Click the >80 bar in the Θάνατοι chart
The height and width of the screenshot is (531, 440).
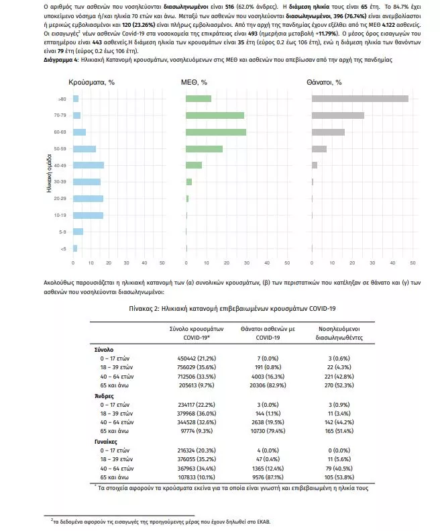[x=360, y=99]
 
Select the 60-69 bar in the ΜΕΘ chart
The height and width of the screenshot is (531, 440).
[x=216, y=132]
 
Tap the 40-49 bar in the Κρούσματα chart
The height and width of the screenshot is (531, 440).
[x=89, y=165]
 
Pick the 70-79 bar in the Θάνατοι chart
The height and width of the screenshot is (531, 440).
[x=338, y=115]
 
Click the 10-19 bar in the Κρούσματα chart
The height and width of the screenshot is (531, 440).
[x=88, y=215]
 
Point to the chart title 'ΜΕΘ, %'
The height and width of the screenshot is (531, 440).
[x=194, y=83]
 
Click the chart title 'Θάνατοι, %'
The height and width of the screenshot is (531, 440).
[x=324, y=83]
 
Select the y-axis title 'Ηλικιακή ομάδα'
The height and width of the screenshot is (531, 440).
[x=49, y=174]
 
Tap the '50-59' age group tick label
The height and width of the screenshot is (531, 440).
[x=60, y=148]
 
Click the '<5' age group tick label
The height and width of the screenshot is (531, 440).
[x=63, y=249]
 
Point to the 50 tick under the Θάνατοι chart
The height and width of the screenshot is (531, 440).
[x=412, y=262]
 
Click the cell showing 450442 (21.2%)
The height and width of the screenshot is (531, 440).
[x=197, y=358]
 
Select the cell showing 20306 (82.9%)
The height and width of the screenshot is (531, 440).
[x=268, y=385]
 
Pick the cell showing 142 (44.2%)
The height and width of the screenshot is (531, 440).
[x=339, y=422]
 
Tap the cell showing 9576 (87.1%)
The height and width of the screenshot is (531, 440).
[x=268, y=477]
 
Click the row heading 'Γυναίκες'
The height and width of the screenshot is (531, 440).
[x=105, y=442]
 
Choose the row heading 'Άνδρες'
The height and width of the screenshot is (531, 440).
[x=104, y=396]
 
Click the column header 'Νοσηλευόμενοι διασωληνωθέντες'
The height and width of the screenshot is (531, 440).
[x=339, y=333]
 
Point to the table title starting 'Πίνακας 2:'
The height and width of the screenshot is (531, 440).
[x=232, y=309]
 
